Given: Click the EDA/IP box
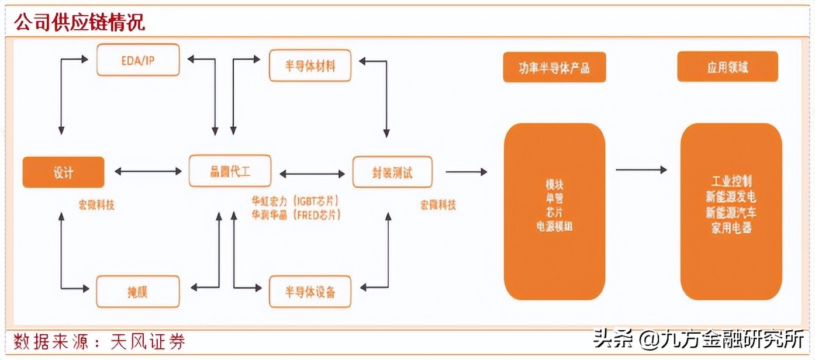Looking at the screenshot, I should click(x=138, y=60).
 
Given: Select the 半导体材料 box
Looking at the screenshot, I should click(x=310, y=65).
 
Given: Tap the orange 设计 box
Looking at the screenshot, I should click(x=63, y=172).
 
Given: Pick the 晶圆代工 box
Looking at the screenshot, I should click(x=230, y=171).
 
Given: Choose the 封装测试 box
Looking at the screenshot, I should click(x=392, y=172).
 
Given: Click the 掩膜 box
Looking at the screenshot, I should click(x=138, y=291).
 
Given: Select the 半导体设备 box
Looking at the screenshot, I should click(x=310, y=292).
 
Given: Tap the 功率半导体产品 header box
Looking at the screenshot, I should click(x=554, y=67).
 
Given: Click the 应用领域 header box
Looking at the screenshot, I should click(x=727, y=67).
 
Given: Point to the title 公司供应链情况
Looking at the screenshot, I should click(x=80, y=23).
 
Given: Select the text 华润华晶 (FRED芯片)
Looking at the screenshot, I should click(x=296, y=214).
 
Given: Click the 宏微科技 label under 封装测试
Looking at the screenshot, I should click(x=438, y=205).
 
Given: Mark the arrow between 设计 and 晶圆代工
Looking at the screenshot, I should click(x=149, y=172).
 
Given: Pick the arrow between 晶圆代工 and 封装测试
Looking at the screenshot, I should click(x=312, y=174).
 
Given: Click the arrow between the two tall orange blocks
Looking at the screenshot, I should click(x=641, y=170).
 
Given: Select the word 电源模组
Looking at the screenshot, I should click(x=554, y=226).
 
